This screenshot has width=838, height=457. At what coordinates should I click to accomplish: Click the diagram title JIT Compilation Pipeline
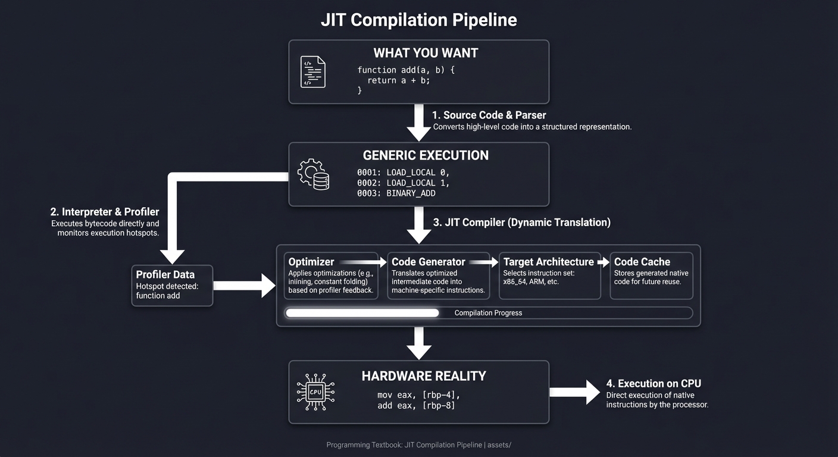418,20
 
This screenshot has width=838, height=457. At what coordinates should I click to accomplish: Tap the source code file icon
312,72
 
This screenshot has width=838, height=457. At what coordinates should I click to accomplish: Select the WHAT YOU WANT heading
426,53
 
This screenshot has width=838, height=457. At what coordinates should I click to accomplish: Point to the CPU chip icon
315,392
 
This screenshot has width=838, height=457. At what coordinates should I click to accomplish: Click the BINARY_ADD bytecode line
402,193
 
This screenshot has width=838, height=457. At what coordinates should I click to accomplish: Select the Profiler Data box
172,286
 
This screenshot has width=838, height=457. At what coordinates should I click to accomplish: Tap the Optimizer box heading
311,262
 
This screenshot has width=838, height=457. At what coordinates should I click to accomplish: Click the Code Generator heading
428,262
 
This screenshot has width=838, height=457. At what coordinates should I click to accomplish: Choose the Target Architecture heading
548,262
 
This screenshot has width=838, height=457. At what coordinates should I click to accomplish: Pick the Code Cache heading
642,262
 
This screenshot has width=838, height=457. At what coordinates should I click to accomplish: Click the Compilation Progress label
488,313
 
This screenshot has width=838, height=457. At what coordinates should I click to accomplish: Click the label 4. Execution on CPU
653,384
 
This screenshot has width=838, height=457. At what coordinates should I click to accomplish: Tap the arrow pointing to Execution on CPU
574,392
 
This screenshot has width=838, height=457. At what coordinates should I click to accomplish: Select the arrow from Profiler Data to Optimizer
244,286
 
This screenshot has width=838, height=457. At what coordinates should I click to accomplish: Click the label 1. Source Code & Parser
489,115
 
